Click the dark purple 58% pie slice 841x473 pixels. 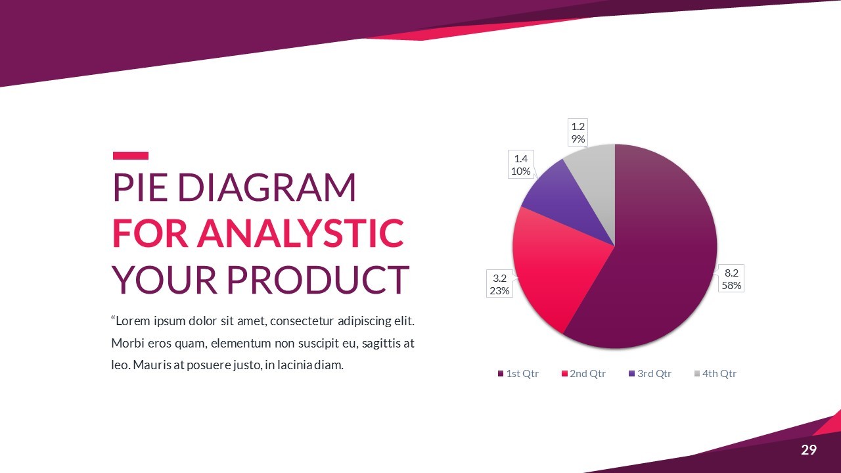pyautogui.click(x=661, y=256)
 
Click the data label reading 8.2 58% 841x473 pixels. pyautogui.click(x=731, y=279)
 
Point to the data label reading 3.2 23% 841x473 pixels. pyautogui.click(x=499, y=284)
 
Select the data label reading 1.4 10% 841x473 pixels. pyautogui.click(x=521, y=165)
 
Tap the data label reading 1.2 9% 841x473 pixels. pyautogui.click(x=578, y=133)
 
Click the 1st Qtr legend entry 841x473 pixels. pyautogui.click(x=518, y=374)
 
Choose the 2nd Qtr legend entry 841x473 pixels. pyautogui.click(x=584, y=374)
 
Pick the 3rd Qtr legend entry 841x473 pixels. pyautogui.click(x=650, y=374)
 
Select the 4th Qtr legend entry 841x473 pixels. pyautogui.click(x=716, y=374)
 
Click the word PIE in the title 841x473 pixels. pyautogui.click(x=140, y=187)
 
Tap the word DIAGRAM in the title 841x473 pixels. pyautogui.click(x=266, y=187)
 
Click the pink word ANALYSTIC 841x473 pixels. pyautogui.click(x=300, y=233)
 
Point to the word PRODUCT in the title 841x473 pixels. pyautogui.click(x=317, y=279)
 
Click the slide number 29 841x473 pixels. pyautogui.click(x=809, y=450)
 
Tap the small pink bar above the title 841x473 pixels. pyautogui.click(x=131, y=156)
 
